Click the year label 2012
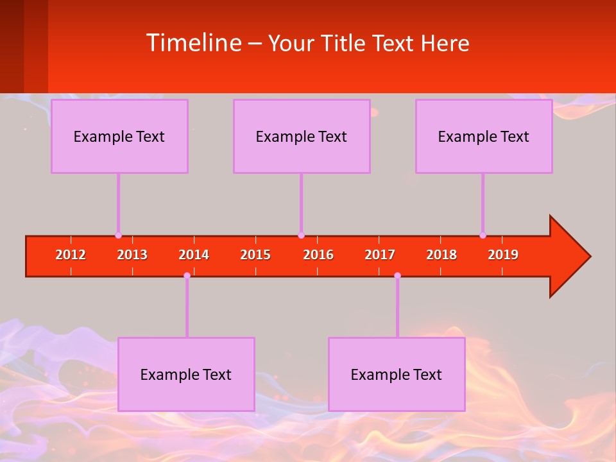[71, 255]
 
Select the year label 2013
[132, 255]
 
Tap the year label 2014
[194, 255]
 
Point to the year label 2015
[255, 255]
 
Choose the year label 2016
[318, 255]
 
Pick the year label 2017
[380, 255]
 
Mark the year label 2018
[441, 255]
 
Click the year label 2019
[503, 255]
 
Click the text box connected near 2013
[119, 136]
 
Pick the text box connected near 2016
[302, 136]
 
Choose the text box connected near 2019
[484, 136]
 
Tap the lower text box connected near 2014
[186, 374]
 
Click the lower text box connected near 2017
[397, 374]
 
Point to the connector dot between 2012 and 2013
[118, 235]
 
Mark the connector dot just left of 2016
[301, 235]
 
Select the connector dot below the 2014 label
[187, 275]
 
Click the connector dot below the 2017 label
[397, 275]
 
